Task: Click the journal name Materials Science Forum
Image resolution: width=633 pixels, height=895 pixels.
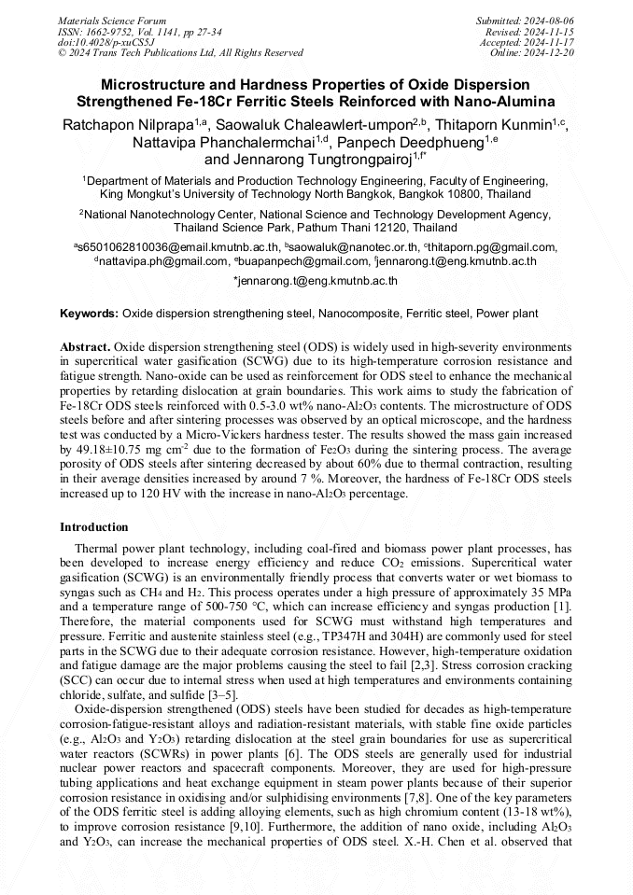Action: point(112,20)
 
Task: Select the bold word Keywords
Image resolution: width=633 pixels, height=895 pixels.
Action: point(89,314)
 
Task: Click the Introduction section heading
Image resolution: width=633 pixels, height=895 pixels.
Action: point(94,527)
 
